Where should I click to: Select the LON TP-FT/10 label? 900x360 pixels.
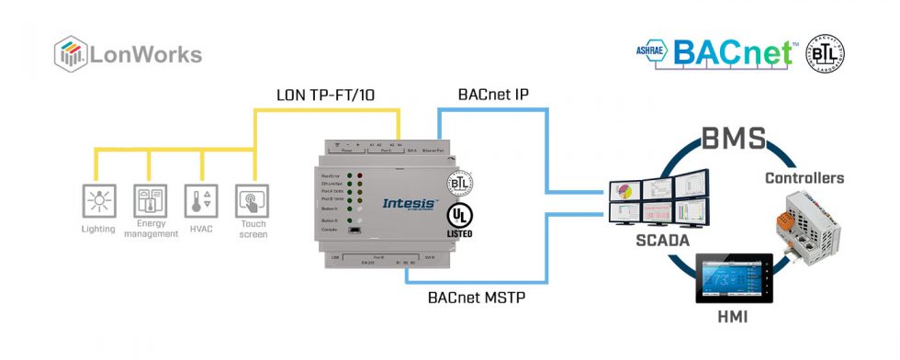click(326, 95)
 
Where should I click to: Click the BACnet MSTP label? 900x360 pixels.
click(477, 298)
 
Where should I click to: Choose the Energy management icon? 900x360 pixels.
click(151, 199)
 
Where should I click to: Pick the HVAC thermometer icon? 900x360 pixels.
click(200, 199)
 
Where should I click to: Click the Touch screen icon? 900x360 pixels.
click(252, 199)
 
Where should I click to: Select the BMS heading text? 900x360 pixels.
click(732, 140)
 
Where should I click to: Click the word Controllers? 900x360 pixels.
click(804, 177)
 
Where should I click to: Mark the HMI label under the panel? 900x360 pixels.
click(735, 317)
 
